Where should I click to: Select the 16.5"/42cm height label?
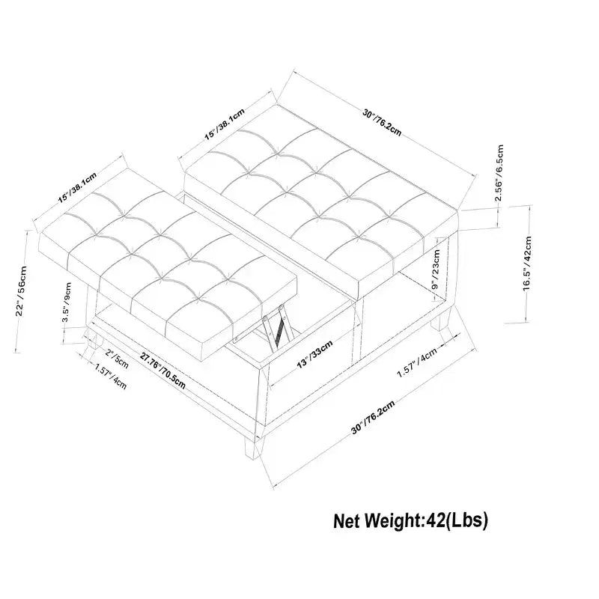528,264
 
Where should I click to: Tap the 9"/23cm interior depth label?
436,270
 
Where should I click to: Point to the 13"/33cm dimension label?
315,354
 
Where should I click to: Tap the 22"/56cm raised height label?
22,291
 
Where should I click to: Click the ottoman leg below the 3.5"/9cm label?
92,339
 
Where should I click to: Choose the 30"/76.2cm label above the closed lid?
382,122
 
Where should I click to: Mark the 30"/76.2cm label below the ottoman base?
372,417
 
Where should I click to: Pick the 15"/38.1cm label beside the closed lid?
224,124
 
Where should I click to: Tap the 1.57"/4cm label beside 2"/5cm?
110,377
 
